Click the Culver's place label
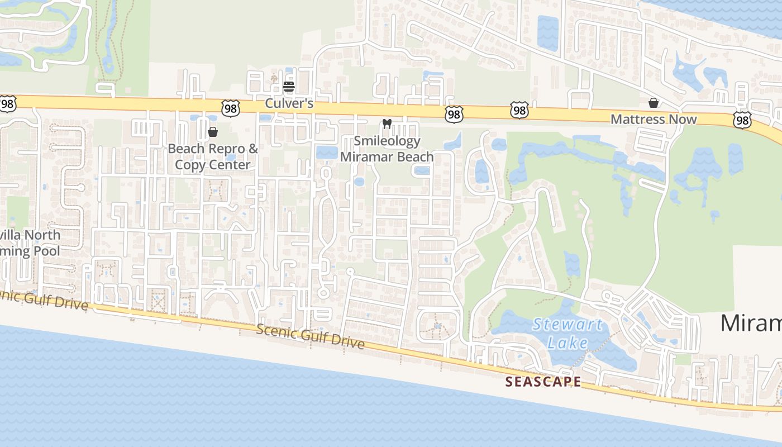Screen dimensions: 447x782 (289, 103)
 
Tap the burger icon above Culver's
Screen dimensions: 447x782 (289, 87)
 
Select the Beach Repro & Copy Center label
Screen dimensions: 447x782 (213, 157)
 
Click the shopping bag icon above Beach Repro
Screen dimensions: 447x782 (213, 132)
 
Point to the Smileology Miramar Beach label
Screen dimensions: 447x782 (387, 149)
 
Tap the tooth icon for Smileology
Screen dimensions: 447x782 (387, 124)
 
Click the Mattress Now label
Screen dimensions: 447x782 (654, 119)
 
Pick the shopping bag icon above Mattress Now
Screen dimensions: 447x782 (653, 103)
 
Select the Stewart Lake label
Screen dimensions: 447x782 (568, 333)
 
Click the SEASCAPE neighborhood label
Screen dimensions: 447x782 (543, 382)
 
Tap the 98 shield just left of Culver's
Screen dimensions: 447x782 (230, 108)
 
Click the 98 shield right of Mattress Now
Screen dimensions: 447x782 (742, 120)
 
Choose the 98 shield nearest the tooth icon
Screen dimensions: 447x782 (454, 115)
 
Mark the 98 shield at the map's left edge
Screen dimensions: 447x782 (8, 103)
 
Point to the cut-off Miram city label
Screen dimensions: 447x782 (751, 324)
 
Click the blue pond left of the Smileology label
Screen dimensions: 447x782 (327, 153)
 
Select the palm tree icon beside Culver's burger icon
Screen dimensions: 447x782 (274, 78)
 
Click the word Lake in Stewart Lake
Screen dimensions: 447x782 (568, 343)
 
